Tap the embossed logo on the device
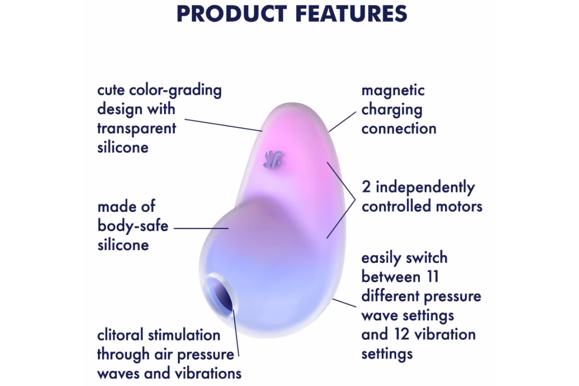pyautogui.click(x=273, y=159)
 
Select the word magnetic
pyautogui.click(x=393, y=91)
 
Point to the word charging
pyautogui.click(x=392, y=110)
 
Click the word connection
pyautogui.click(x=399, y=128)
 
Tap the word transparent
pyautogui.click(x=137, y=128)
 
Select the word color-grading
pyautogui.click(x=175, y=91)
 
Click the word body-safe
pyautogui.click(x=133, y=226)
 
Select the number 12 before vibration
pyautogui.click(x=402, y=334)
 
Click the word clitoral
pyautogui.click(x=120, y=335)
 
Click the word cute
pyautogui.click(x=110, y=91)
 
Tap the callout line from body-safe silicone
pyautogui.click(x=201, y=228)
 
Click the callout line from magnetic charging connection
pyautogui.click(x=342, y=122)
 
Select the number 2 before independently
pyautogui.click(x=366, y=187)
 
